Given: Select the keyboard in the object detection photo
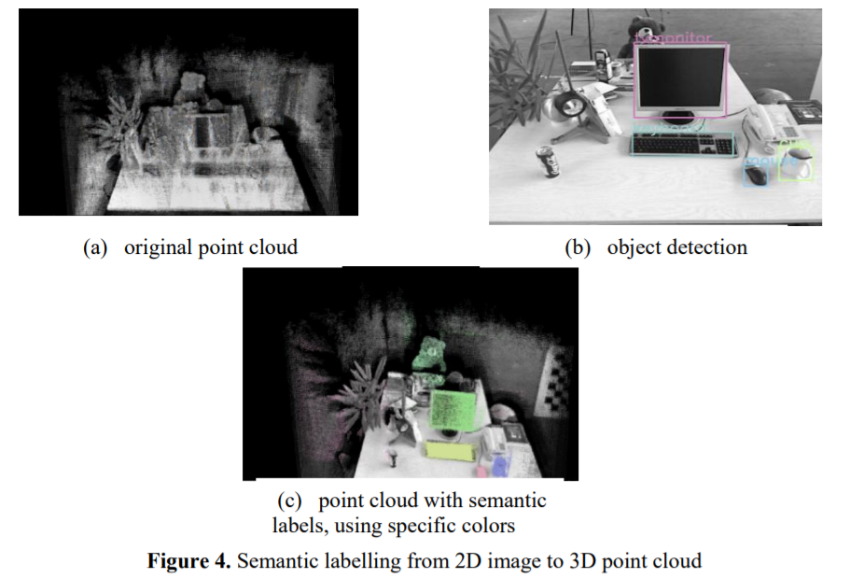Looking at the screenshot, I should pos(684,144).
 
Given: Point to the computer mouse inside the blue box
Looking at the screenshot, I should pos(758,170).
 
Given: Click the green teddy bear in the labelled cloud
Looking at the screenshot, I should pos(430,359).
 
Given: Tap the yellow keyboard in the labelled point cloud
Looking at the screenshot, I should pos(450,451).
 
